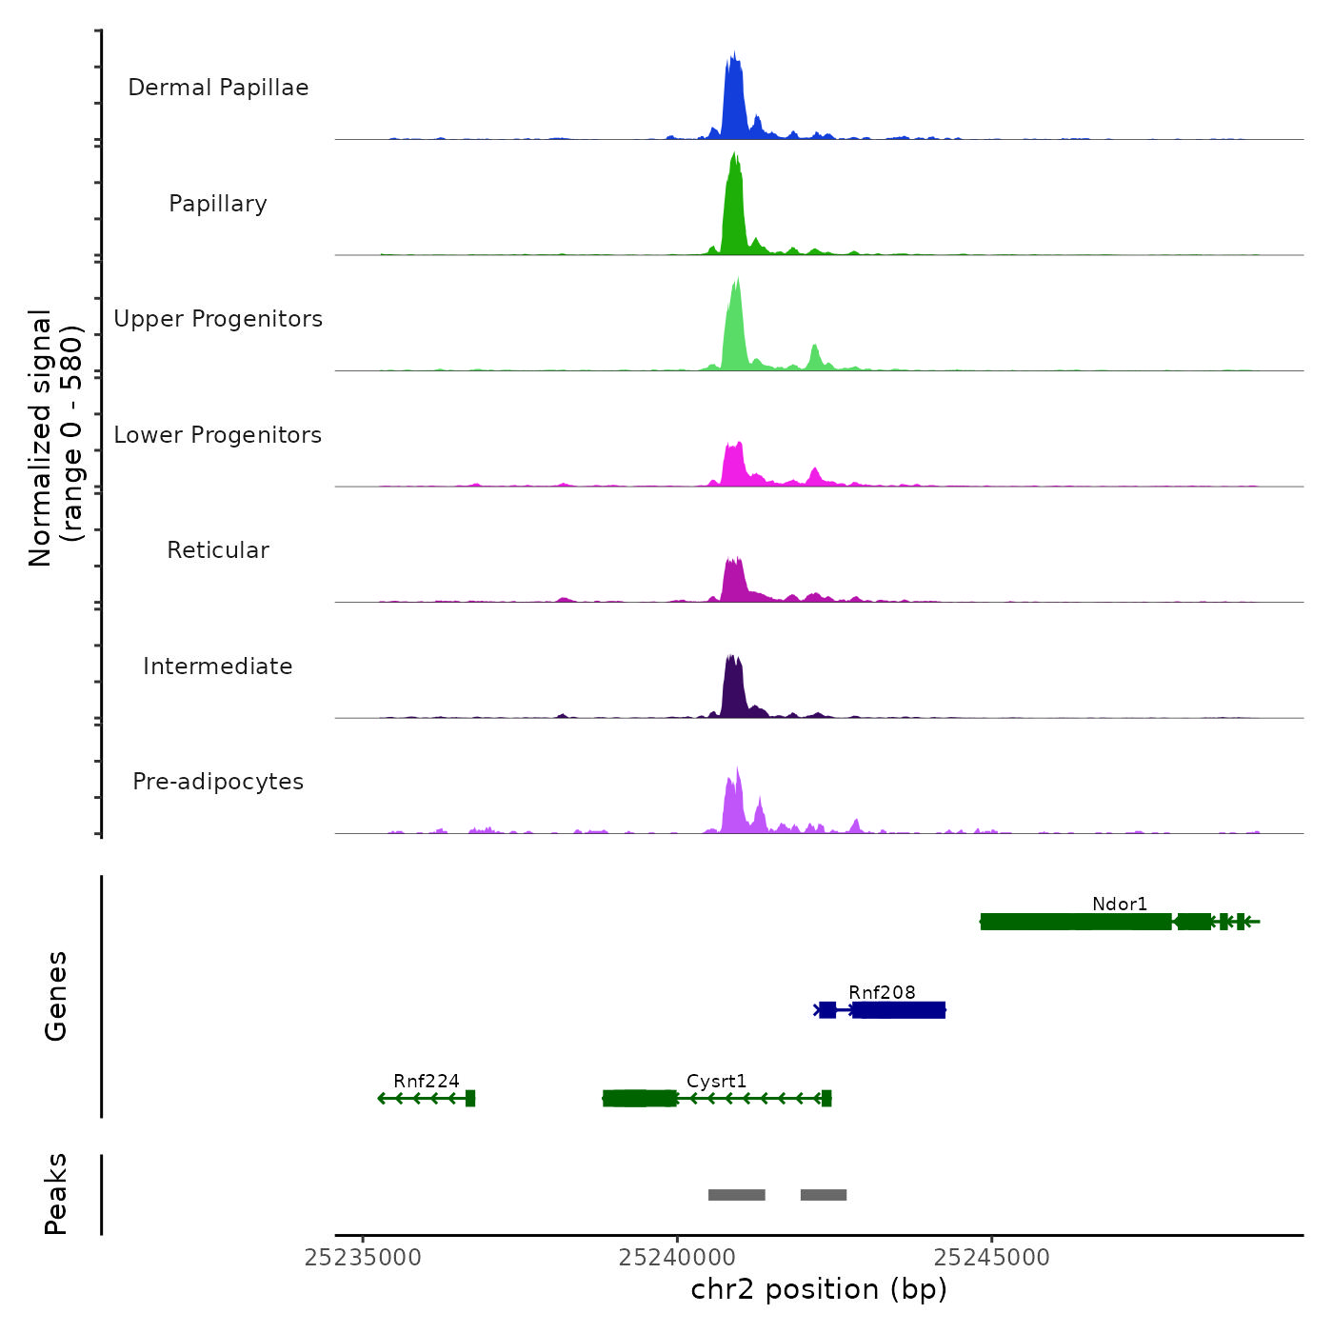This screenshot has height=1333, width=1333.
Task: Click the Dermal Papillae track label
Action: (x=218, y=88)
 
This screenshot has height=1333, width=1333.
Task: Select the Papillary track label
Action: (x=218, y=204)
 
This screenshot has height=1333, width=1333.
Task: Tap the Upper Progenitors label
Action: (x=218, y=319)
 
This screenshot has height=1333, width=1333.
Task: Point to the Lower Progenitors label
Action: (x=218, y=435)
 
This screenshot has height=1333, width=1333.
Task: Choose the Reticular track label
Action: (x=218, y=550)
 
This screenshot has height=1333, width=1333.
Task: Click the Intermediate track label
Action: (x=218, y=666)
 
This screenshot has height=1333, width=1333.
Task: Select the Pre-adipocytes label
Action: (x=218, y=782)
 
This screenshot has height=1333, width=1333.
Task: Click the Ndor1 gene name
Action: (x=1120, y=904)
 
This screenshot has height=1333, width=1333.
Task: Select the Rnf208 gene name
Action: (x=882, y=992)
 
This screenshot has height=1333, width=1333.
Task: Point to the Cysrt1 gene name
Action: (x=716, y=1081)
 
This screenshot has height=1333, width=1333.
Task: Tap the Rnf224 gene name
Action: (x=427, y=1081)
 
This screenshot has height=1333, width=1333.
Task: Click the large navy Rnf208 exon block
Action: (x=899, y=1010)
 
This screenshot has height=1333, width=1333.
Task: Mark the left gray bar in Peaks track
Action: (x=736, y=1195)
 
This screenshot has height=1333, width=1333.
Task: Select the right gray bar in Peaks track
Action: (x=824, y=1195)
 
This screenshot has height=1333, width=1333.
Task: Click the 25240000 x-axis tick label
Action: (x=677, y=1258)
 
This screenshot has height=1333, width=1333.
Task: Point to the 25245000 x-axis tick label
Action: (x=991, y=1258)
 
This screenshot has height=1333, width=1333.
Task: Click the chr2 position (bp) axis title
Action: (x=819, y=1289)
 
